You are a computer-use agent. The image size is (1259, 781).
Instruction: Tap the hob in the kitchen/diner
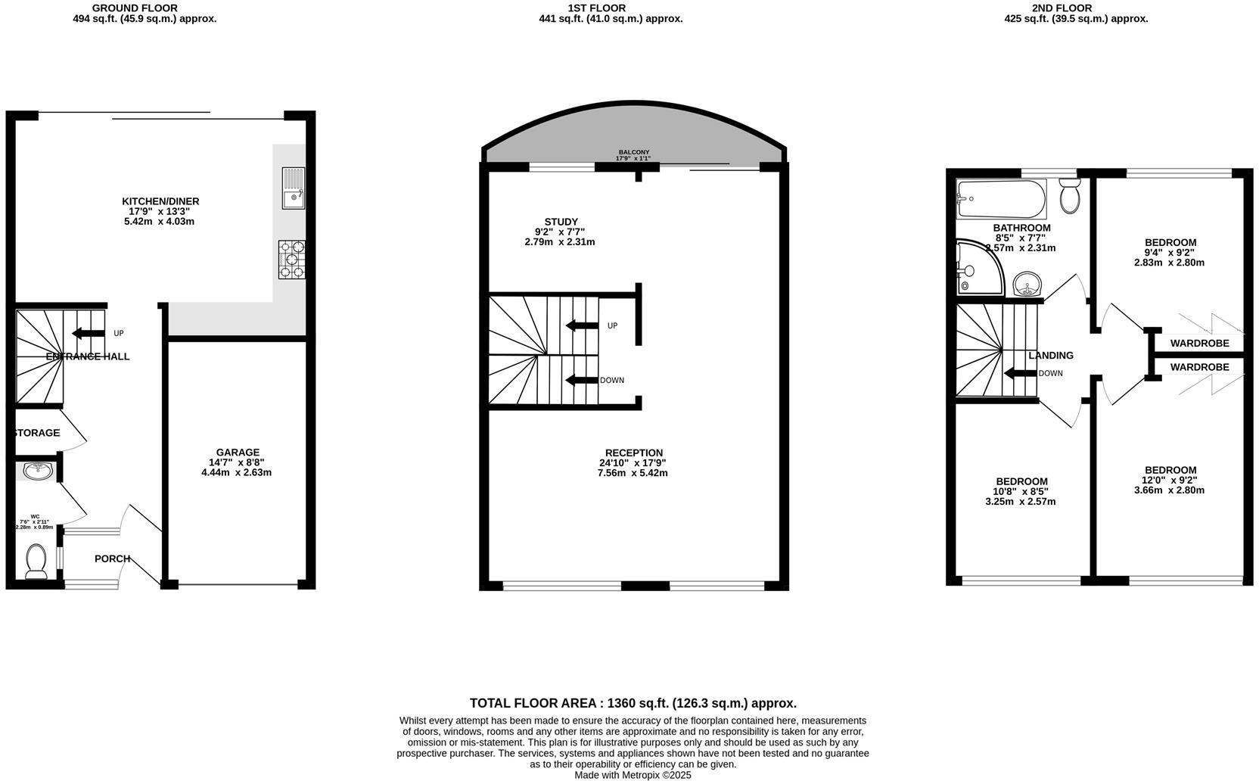[x=292, y=260]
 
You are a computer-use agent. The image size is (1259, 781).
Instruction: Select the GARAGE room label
[x=238, y=453]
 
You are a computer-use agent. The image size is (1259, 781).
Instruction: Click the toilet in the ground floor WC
[x=36, y=562]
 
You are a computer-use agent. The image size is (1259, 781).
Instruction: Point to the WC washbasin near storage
[x=37, y=471]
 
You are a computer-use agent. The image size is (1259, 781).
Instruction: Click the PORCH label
[x=112, y=559]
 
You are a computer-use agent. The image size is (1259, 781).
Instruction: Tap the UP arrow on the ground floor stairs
[x=88, y=334]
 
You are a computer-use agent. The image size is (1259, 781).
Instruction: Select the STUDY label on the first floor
[x=561, y=222]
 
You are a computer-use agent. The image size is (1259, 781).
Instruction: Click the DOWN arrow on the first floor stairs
[x=581, y=380]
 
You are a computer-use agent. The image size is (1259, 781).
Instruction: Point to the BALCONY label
[x=633, y=152]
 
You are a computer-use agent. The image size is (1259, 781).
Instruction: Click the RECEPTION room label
[x=633, y=453]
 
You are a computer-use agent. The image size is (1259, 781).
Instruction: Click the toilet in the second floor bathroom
[x=1069, y=195]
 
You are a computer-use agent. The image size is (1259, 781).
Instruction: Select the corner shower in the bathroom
[x=976, y=269]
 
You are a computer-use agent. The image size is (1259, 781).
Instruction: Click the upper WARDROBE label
[x=1199, y=343]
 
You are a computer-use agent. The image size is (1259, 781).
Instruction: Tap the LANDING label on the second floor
[x=1050, y=355]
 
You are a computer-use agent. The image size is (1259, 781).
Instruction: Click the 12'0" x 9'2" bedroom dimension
[x=1168, y=480]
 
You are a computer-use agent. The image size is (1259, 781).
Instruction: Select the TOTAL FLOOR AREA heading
[x=633, y=703]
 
